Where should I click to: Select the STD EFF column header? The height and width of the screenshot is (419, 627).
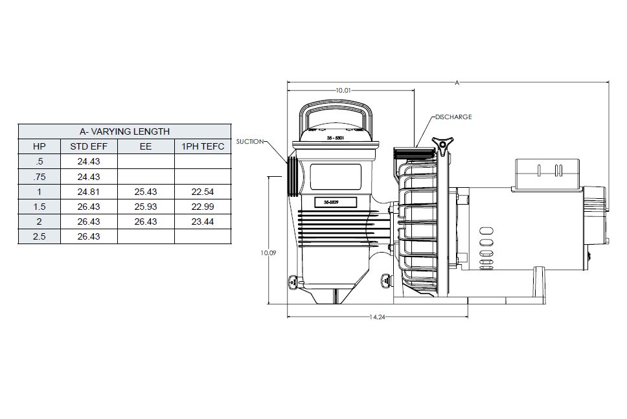[x=89, y=146]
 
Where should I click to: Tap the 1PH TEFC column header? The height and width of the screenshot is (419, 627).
[x=203, y=146]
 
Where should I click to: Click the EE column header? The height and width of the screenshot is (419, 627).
[x=146, y=146]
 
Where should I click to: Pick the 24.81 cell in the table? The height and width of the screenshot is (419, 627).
[x=89, y=192]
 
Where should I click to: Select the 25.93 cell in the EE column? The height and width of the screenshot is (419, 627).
[x=146, y=207]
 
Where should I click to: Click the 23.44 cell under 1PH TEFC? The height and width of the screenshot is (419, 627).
[x=203, y=221]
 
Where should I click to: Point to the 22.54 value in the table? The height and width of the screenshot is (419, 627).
[x=203, y=192]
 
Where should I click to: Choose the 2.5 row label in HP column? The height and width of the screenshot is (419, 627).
[x=40, y=236]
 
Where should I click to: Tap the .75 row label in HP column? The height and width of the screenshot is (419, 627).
[x=40, y=177]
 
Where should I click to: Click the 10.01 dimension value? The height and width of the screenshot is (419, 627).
[x=343, y=91]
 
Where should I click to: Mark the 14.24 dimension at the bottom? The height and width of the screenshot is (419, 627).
[x=378, y=317]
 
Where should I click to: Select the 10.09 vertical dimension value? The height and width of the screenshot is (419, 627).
[x=268, y=253]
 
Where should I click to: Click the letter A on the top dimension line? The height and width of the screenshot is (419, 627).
[x=457, y=82]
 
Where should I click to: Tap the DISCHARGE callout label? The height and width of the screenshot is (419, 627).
[x=453, y=117]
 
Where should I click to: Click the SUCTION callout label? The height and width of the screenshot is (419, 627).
[x=249, y=141]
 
